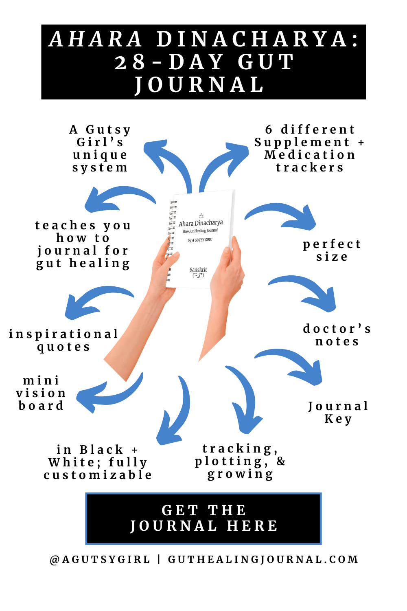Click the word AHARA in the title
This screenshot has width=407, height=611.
pos(96,40)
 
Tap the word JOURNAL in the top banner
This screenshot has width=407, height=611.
pos(200,85)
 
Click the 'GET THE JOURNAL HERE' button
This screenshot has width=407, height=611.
pos(203,518)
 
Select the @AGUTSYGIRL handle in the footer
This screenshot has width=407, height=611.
pos(100,560)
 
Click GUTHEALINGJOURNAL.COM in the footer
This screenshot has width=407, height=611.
pos(263,560)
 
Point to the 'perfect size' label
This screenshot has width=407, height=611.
pos(332,250)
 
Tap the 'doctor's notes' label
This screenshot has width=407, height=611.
pos(337,335)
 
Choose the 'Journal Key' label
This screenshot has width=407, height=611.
pos(338,412)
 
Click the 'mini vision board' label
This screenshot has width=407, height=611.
pos(41,393)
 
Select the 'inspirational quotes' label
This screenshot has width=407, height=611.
pos(64,340)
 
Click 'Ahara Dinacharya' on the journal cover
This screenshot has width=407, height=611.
pos(201,223)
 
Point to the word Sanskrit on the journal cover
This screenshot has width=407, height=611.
pos(198,270)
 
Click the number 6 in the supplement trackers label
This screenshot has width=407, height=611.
pos(269,130)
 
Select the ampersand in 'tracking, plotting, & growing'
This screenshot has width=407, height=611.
pos(281,461)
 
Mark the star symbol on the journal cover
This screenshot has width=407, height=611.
pos(201,215)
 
